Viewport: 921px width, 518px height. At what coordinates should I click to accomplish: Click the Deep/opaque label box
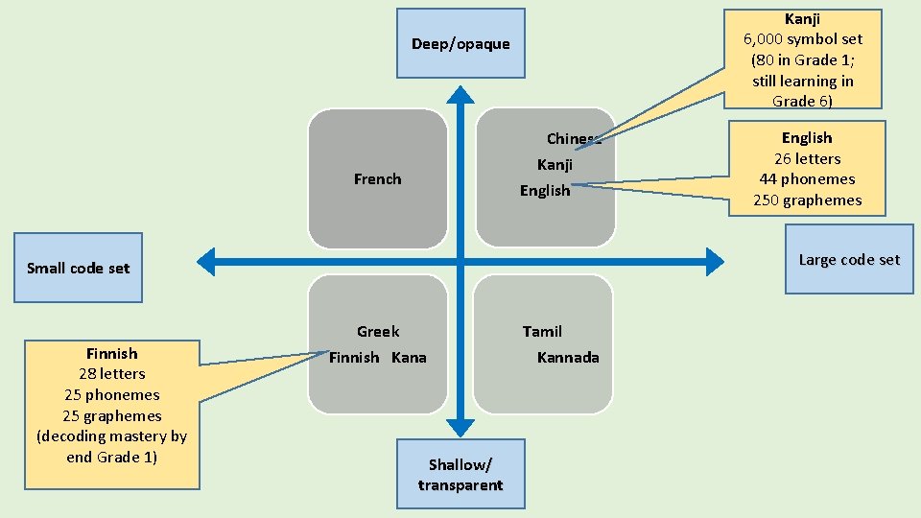coord(460,43)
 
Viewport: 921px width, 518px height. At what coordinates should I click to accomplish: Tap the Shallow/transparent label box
coord(460,474)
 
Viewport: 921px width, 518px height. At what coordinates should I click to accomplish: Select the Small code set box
coord(78,268)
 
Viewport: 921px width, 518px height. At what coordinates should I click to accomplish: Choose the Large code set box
coord(849,259)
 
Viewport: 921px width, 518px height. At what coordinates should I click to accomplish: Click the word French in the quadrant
coord(377,178)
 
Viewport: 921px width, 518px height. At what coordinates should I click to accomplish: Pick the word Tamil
coord(542,331)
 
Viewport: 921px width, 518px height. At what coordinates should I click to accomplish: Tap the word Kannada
coord(568,357)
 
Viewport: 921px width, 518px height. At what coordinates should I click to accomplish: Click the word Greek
coord(378,331)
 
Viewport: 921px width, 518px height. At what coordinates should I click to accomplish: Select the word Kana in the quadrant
coord(409,357)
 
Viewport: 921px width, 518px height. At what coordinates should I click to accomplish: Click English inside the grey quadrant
coord(545,190)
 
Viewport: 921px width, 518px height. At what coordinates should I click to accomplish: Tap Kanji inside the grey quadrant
coord(555,164)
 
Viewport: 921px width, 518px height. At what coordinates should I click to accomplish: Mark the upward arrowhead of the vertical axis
coord(461,94)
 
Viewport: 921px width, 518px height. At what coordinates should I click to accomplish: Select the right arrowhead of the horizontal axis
coord(715,260)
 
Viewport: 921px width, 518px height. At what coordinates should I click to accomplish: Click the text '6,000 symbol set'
coord(803,38)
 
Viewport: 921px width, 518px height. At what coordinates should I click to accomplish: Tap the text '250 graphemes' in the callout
coord(807,200)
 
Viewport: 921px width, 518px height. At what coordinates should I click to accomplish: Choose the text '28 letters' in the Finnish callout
coord(112,373)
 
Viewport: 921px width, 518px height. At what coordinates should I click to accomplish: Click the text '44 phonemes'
coord(807,178)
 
